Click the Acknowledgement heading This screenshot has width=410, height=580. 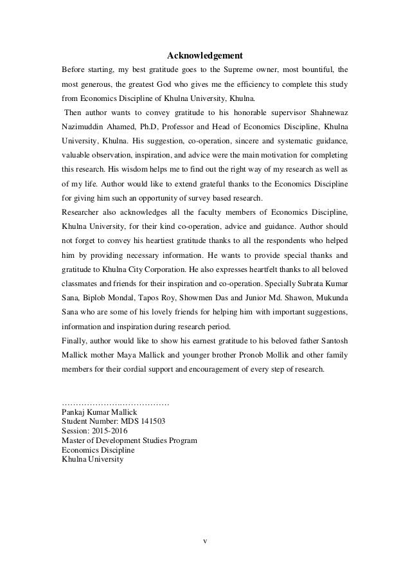[204, 54]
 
